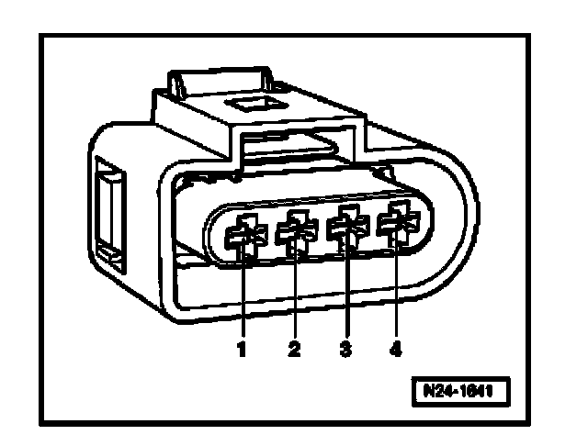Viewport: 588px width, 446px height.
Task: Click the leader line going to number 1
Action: [x=244, y=294]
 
